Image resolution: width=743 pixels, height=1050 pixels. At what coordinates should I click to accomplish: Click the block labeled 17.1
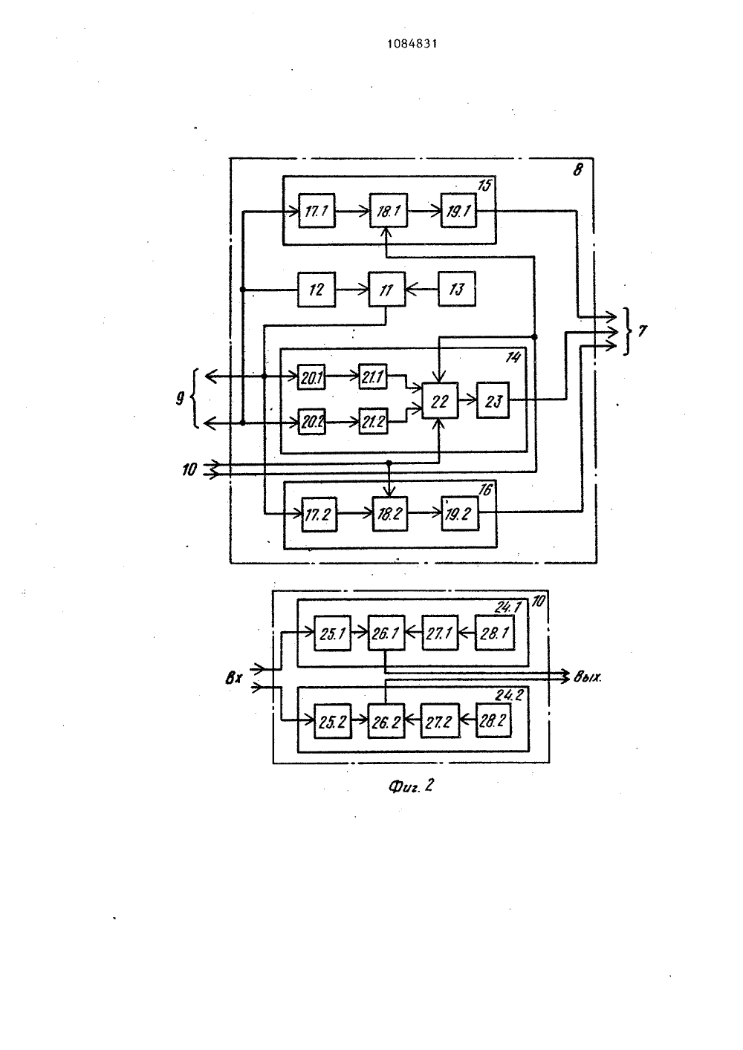(317, 211)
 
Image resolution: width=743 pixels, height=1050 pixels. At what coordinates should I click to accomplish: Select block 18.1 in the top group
(389, 211)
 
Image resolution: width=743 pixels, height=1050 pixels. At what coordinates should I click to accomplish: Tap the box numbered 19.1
(458, 211)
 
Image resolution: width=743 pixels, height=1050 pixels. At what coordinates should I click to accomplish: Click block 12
(317, 290)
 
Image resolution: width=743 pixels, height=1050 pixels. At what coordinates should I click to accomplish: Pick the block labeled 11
(386, 290)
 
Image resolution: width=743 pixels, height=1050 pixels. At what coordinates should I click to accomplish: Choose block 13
(456, 289)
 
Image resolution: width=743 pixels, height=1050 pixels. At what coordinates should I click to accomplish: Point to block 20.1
(312, 376)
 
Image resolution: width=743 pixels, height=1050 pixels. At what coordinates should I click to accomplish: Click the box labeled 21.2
(374, 421)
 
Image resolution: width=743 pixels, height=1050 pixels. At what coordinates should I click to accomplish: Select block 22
(440, 401)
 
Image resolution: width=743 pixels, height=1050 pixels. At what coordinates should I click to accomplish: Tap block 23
(493, 400)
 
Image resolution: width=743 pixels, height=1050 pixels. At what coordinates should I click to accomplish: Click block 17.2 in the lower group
(319, 514)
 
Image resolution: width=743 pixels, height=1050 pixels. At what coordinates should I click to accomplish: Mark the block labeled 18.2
(390, 514)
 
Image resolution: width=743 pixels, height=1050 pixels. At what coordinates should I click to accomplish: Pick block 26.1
(386, 633)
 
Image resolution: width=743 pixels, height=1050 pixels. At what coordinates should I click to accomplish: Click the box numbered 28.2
(493, 720)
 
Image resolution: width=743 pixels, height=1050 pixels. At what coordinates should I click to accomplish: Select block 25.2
(333, 721)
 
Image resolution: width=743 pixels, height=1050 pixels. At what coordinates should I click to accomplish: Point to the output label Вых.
(587, 677)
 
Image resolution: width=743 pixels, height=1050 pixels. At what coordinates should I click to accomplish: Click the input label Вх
(233, 678)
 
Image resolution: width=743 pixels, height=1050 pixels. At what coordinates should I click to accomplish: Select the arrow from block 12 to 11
(351, 290)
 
